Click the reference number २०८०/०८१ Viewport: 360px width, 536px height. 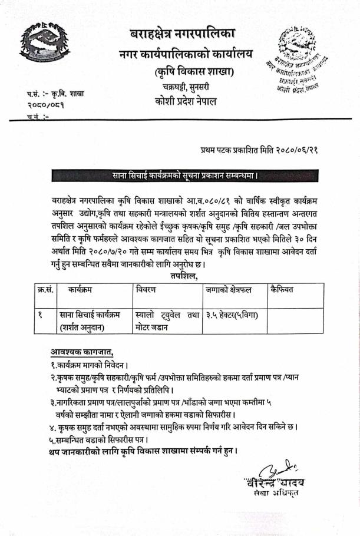[46, 104]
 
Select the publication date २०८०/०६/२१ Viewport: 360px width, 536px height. [289, 150]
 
